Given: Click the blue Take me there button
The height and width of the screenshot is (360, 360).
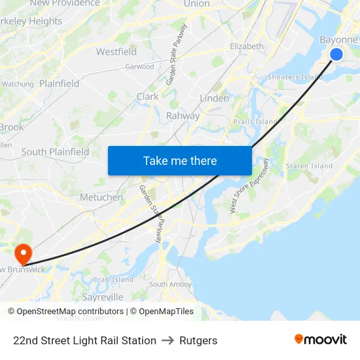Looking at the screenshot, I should [x=180, y=160].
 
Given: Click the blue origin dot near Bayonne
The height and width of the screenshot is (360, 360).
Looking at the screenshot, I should [x=336, y=54].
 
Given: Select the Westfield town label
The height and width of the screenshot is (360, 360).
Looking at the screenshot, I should [x=117, y=52].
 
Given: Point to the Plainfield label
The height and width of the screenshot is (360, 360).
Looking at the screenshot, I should [x=59, y=84].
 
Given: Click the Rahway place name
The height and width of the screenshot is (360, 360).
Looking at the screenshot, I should [x=183, y=116].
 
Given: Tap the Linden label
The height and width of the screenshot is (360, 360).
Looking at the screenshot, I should [x=214, y=98].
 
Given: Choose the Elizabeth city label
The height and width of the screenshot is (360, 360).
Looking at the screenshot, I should [x=247, y=46].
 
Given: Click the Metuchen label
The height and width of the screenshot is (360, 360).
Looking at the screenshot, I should [x=101, y=197].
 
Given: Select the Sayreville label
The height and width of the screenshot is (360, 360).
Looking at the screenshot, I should [x=103, y=297].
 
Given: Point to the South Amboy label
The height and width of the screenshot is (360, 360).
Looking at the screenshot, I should [x=170, y=284].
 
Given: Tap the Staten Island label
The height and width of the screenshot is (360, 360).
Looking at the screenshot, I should [x=309, y=166].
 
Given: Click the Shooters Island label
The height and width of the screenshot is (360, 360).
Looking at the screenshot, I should [x=295, y=77].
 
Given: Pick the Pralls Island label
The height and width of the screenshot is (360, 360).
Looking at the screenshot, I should [x=256, y=122].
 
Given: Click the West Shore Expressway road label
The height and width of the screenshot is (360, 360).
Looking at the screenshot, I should [x=249, y=186].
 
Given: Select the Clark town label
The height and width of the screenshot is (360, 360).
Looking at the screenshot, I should [x=147, y=96].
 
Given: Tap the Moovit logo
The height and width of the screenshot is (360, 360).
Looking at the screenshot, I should [x=320, y=340].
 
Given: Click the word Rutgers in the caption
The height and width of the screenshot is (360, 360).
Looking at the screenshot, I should [x=198, y=340].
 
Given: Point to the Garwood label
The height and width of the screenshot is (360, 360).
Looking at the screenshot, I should [x=139, y=67].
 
